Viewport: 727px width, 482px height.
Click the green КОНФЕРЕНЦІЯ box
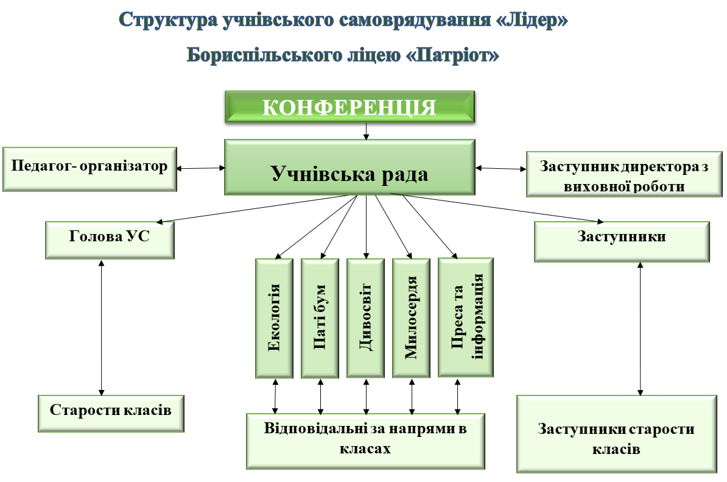click(x=349, y=107)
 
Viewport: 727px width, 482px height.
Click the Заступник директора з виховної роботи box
click(x=624, y=175)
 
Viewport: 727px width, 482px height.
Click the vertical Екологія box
click(x=274, y=318)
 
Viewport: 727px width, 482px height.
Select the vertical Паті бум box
click(x=320, y=318)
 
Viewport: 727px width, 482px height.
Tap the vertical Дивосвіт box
click(x=365, y=318)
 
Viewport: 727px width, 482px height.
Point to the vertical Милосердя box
click(x=411, y=318)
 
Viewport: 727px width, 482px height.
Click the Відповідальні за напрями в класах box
click(x=365, y=441)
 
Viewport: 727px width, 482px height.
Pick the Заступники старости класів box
click(x=616, y=434)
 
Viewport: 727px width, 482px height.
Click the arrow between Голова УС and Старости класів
click(x=102, y=327)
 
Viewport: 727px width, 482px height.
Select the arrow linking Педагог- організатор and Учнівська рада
click(x=201, y=168)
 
